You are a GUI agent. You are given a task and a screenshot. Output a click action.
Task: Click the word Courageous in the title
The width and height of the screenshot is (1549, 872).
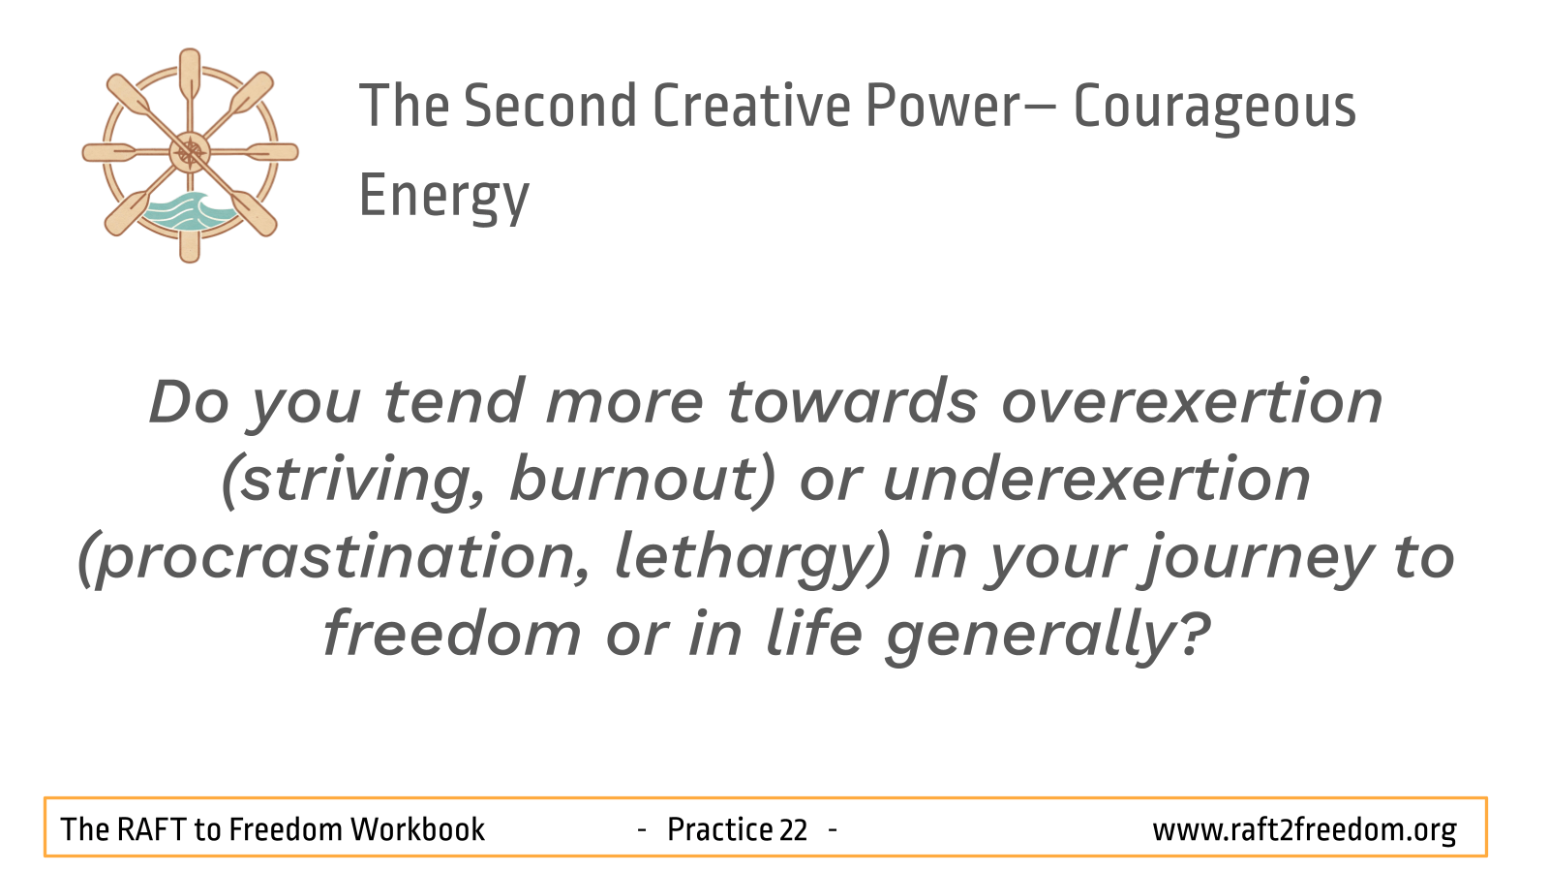coord(1215,108)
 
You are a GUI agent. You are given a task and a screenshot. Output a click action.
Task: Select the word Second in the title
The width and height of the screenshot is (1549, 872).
coord(550,106)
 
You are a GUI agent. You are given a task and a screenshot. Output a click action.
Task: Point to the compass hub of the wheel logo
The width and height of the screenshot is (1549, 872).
coord(190,152)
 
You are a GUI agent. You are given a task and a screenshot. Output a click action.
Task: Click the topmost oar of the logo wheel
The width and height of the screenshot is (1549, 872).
coord(190,77)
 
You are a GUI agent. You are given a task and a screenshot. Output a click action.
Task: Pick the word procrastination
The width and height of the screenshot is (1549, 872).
coord(334,558)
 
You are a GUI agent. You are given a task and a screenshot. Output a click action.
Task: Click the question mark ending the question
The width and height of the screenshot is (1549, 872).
coord(1194,633)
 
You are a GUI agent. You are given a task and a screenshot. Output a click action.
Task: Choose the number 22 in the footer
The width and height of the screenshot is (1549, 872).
coord(793,829)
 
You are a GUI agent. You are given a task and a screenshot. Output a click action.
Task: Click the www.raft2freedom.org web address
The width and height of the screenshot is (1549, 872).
coord(1304,830)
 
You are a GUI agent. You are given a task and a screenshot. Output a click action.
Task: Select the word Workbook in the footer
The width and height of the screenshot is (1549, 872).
coord(417,829)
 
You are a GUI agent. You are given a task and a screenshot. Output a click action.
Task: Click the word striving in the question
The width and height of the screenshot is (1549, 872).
coord(353,481)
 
